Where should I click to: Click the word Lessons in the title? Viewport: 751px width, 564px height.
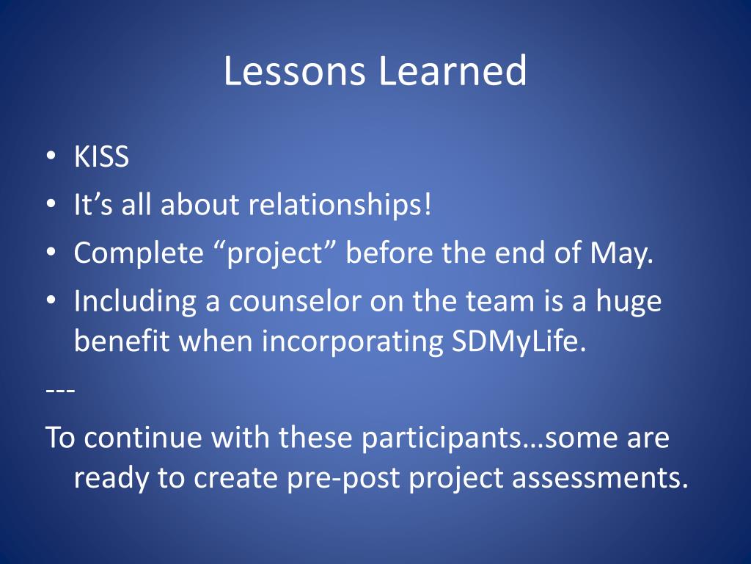coord(294,70)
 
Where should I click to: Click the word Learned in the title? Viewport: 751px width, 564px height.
coord(453,70)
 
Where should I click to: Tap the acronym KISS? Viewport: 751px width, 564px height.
coord(101,156)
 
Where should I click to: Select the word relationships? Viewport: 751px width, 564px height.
coord(340,204)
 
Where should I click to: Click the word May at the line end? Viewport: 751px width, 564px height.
coord(622,253)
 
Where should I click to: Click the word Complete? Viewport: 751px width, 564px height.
coord(139,253)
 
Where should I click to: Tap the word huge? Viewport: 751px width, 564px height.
coord(629,302)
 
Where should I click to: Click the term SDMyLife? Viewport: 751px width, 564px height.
coord(519,341)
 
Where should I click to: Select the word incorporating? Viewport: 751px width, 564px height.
coord(352,341)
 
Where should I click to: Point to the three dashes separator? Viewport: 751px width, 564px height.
coord(60,391)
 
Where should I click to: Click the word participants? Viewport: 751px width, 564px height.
coord(441,438)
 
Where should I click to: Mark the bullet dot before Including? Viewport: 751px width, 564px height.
coord(51,300)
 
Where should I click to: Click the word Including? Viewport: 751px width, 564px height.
coord(135,302)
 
